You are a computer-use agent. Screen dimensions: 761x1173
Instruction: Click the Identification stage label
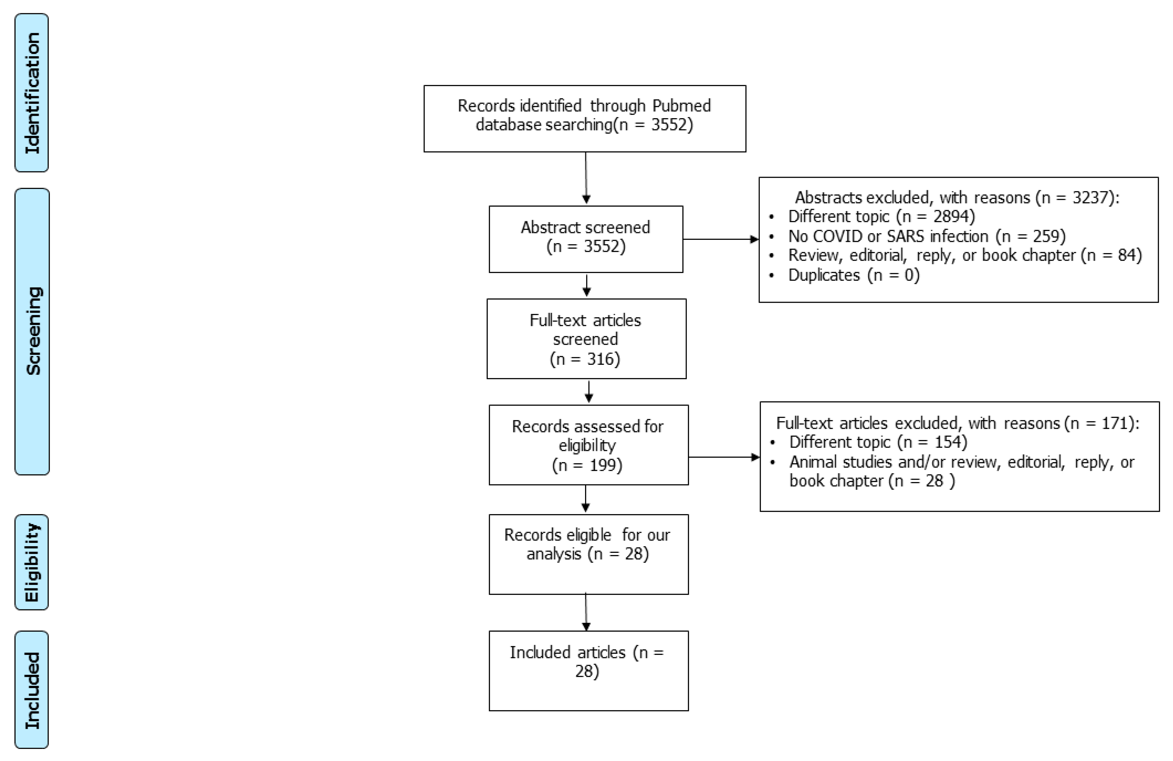pyautogui.click(x=31, y=93)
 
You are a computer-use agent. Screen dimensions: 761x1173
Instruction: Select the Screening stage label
pyautogui.click(x=32, y=331)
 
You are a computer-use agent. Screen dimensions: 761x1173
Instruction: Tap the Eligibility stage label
pyautogui.click(x=31, y=562)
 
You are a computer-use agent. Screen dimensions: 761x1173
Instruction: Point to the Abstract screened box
pyautogui.click(x=586, y=239)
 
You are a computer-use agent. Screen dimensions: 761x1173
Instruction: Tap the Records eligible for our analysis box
pyautogui.click(x=589, y=554)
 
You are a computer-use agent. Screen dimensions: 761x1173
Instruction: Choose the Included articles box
pyautogui.click(x=589, y=670)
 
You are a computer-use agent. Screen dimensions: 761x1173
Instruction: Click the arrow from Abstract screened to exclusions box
pyautogui.click(x=721, y=240)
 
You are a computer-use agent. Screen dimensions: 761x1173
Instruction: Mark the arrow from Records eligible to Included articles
pyautogui.click(x=586, y=612)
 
